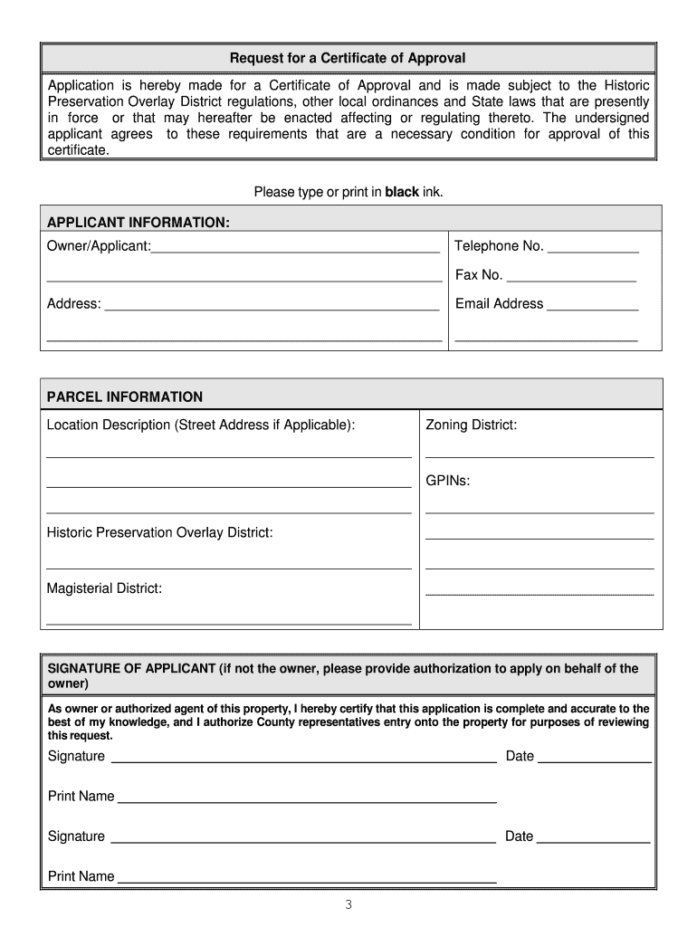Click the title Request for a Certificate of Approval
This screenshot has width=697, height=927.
click(x=348, y=58)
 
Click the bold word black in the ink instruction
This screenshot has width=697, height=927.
click(x=402, y=192)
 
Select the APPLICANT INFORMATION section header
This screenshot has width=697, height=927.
click(x=138, y=223)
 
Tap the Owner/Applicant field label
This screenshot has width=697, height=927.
click(x=99, y=246)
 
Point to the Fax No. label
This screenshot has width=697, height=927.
click(x=479, y=275)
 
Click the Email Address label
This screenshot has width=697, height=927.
click(x=499, y=304)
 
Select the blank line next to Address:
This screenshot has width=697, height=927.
click(x=272, y=308)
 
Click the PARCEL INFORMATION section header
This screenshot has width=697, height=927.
click(x=125, y=397)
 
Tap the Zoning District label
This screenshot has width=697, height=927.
click(x=471, y=425)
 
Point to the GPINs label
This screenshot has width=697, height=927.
click(x=448, y=482)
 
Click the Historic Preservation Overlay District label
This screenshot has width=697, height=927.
click(x=159, y=532)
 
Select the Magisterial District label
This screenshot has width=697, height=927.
click(x=104, y=588)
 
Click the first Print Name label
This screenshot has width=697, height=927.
click(x=81, y=797)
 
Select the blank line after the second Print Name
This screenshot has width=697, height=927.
click(x=308, y=880)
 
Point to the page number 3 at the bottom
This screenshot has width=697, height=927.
click(x=348, y=906)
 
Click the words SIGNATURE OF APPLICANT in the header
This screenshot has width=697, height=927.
click(x=131, y=669)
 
